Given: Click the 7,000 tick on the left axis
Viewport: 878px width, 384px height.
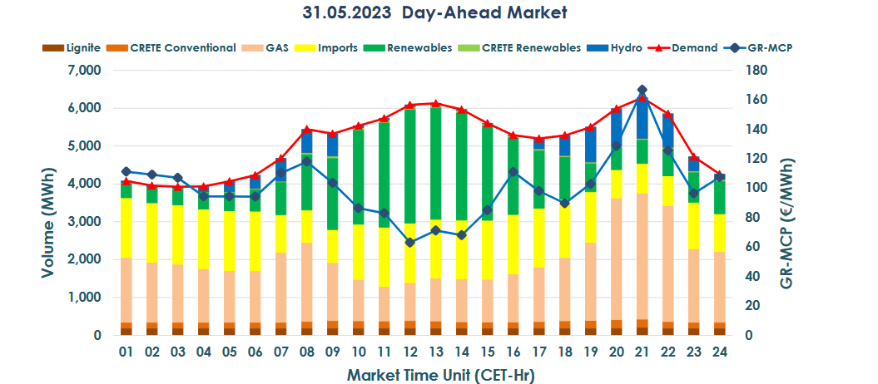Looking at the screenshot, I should click(x=85, y=71).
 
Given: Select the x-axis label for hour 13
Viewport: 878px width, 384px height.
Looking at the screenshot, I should click(x=435, y=352).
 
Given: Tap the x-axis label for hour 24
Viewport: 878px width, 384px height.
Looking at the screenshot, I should click(x=719, y=352).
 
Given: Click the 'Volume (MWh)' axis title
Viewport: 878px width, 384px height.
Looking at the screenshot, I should click(x=47, y=203).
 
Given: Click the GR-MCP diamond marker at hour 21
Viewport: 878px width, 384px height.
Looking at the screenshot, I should click(x=642, y=90).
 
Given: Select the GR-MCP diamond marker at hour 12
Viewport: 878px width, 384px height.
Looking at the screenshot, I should click(x=409, y=243).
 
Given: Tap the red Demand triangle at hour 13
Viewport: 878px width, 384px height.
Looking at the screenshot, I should click(x=435, y=104).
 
